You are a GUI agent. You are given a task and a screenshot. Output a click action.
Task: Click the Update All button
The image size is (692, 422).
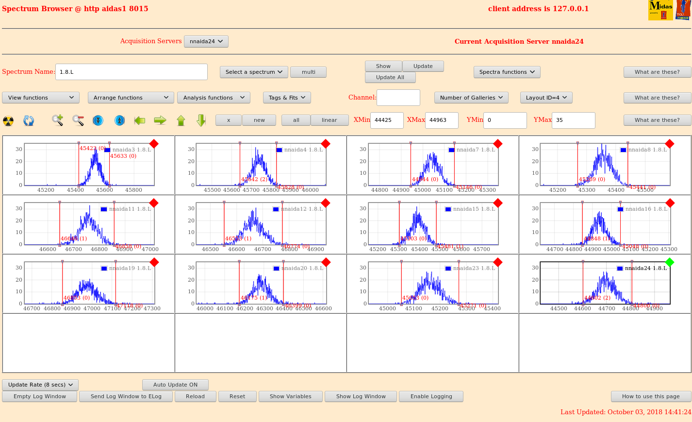coord(390,77)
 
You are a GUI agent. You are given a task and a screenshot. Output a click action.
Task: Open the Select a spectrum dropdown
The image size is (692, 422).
coord(254,72)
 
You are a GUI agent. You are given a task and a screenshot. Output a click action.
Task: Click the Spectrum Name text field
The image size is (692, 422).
coord(131,72)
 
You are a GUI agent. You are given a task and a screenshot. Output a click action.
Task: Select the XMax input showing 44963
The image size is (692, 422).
coord(441,120)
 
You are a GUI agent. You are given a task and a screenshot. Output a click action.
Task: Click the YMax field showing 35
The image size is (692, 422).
coord(573,120)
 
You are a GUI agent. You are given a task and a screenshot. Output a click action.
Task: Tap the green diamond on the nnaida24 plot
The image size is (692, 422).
coord(670,262)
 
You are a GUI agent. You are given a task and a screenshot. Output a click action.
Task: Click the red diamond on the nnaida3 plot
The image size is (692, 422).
coord(154,144)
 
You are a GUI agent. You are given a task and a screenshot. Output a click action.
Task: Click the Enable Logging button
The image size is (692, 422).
coord(431,396)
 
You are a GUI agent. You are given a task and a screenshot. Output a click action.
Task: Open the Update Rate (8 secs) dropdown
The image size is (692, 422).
coord(40,385)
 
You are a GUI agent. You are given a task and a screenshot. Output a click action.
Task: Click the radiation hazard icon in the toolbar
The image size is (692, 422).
coord(8,120)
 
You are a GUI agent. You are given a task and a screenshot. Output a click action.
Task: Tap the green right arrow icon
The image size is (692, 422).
coord(160,120)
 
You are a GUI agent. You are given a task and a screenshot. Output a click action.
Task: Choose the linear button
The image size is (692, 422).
coord(329,120)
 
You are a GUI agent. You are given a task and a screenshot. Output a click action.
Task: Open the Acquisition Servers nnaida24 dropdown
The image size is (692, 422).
coord(206,41)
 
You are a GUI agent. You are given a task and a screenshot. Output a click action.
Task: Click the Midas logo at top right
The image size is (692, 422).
coord(660,10)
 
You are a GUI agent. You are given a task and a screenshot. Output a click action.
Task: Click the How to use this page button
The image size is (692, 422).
coord(651,396)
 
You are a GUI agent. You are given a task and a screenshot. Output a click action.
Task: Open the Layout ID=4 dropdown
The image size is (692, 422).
coord(546,98)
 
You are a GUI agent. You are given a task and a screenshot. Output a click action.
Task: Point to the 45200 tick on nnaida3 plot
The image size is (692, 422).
coord(46,190)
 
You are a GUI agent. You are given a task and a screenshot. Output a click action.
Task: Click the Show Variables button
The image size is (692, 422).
coord(290,396)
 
